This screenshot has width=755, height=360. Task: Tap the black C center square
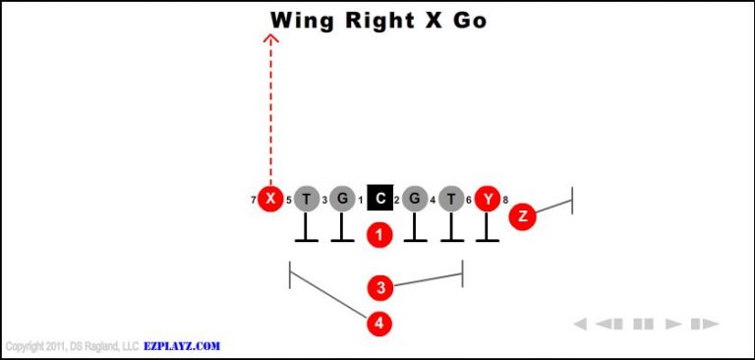[x=379, y=200]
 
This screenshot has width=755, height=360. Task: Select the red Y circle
[x=488, y=200]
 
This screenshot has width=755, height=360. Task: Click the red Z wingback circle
[x=523, y=216]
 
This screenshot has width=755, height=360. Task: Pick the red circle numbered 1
[x=379, y=234]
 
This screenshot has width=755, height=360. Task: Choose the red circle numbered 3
[x=380, y=288]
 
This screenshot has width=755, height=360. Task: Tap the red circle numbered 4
[x=379, y=323]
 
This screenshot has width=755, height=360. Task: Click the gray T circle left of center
[x=307, y=200]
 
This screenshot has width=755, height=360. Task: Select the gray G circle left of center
[x=342, y=200]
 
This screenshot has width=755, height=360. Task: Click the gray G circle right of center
[x=415, y=200]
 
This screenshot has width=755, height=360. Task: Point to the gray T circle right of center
[x=451, y=200]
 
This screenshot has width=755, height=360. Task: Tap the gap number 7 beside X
[x=254, y=201]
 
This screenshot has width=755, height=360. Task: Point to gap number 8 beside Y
[x=505, y=201]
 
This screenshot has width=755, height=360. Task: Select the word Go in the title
[x=470, y=20]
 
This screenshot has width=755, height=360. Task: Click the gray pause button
[x=643, y=324]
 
